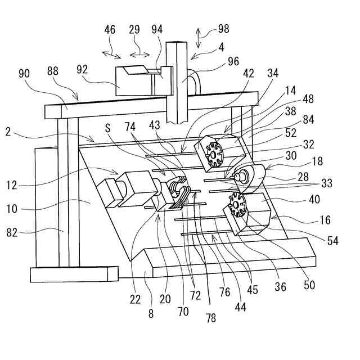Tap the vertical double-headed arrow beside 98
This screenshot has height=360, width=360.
click(x=198, y=38)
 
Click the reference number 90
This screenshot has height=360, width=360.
click(x=24, y=74)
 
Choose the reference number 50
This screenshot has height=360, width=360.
click(x=309, y=285)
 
